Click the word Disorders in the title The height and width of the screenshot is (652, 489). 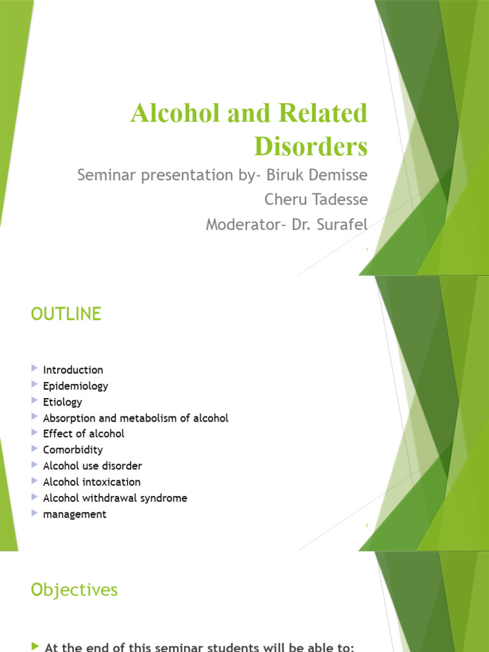tap(311, 146)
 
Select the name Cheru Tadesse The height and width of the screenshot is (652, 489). tap(316, 199)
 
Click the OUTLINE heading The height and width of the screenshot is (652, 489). tap(66, 314)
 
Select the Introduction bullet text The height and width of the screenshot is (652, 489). tap(73, 370)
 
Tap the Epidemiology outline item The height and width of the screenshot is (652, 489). tap(75, 386)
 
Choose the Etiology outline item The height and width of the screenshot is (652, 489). tap(62, 402)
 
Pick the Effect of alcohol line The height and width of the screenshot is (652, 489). tap(83, 434)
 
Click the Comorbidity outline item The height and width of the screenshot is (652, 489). tap(73, 450)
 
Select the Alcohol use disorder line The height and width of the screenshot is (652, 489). tap(92, 466)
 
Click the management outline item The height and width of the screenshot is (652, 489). tap(74, 514)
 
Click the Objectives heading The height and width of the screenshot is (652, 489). tap(74, 590)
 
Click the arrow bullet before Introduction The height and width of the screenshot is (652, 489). tap(34, 369)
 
